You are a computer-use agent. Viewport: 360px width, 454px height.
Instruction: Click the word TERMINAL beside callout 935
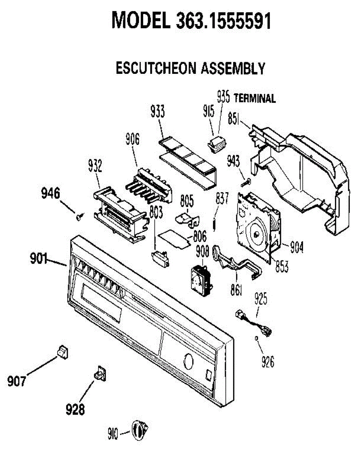[x=255, y=98]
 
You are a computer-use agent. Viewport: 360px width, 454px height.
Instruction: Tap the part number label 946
[x=51, y=193]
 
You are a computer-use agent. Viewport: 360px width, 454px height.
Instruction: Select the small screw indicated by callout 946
[x=80, y=217]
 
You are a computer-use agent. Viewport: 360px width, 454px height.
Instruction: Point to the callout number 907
[x=17, y=381]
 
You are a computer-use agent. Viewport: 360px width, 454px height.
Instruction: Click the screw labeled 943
[x=246, y=182]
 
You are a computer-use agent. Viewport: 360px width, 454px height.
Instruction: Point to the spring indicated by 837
[x=215, y=224]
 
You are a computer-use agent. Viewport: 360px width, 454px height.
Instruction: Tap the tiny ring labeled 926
[x=257, y=338]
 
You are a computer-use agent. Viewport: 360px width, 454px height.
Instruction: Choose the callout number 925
[x=261, y=299]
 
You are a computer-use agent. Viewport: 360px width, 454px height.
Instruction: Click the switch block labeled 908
[x=202, y=280]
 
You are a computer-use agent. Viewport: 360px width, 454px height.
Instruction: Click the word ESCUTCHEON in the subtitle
[x=156, y=68]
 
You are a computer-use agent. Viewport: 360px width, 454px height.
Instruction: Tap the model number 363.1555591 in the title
[x=224, y=20]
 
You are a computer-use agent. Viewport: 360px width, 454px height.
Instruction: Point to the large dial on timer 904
[x=256, y=233]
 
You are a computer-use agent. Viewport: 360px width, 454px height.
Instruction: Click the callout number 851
[x=234, y=119]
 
